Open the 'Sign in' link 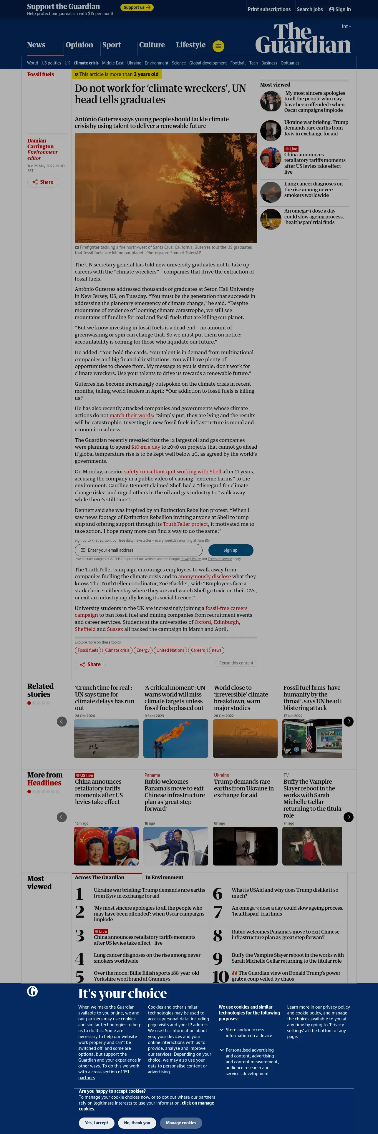click(x=340, y=9)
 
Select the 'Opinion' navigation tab click(x=79, y=45)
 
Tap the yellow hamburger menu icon click(x=218, y=46)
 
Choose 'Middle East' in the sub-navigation click(x=113, y=63)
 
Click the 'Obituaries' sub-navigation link click(x=290, y=63)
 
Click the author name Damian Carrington click(x=41, y=143)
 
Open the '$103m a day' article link click(x=146, y=447)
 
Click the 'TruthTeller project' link click(x=185, y=524)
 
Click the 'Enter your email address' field click(x=139, y=550)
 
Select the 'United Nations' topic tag click(x=170, y=650)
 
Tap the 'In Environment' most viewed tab click(x=164, y=877)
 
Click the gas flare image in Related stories click(x=175, y=739)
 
